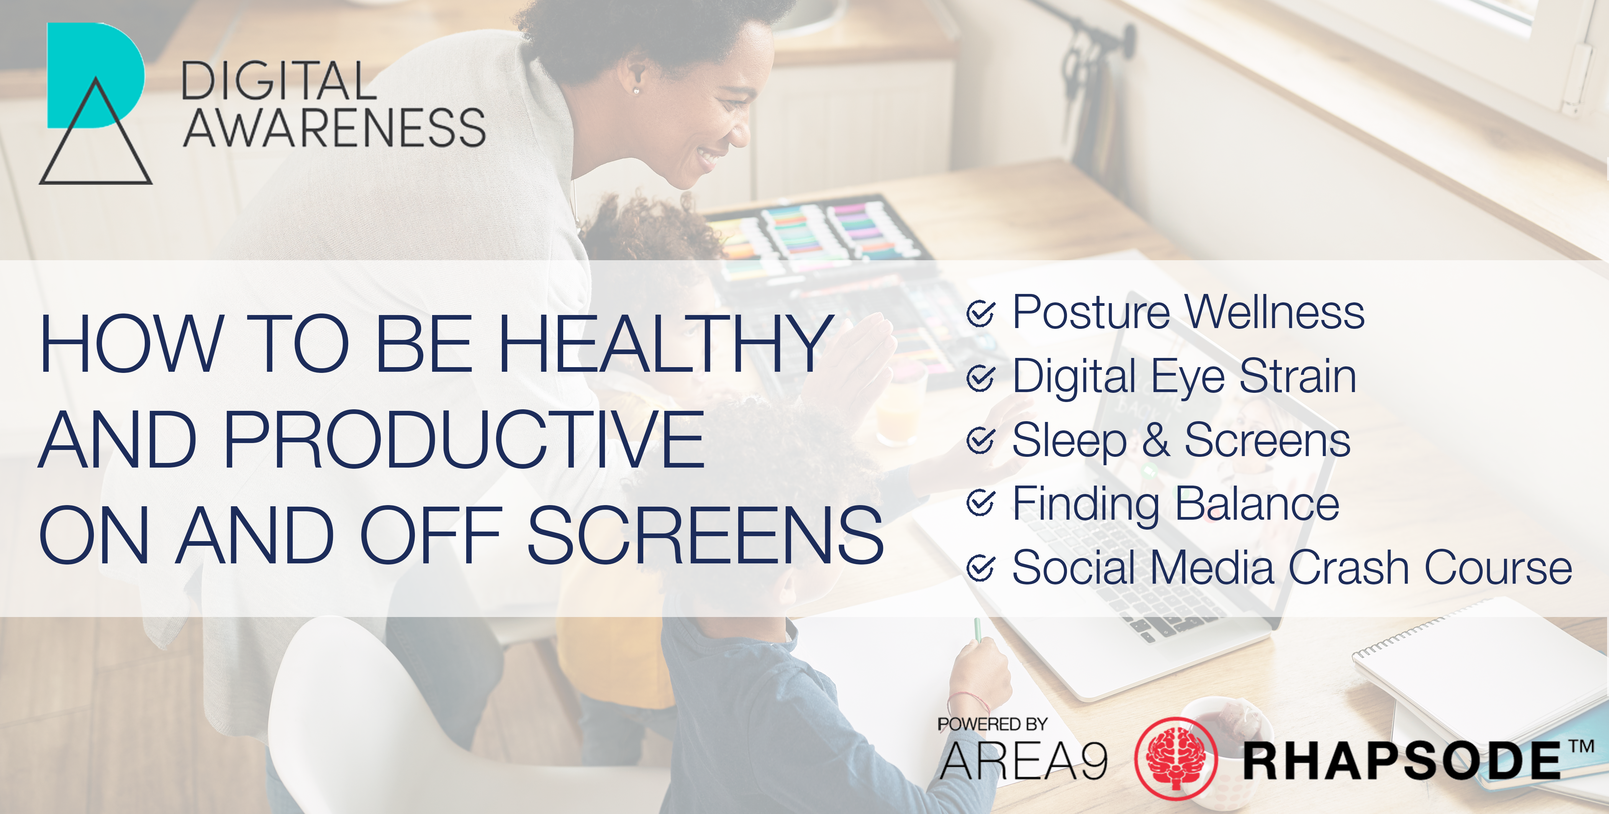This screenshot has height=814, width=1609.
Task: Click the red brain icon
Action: [x=1175, y=758]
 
